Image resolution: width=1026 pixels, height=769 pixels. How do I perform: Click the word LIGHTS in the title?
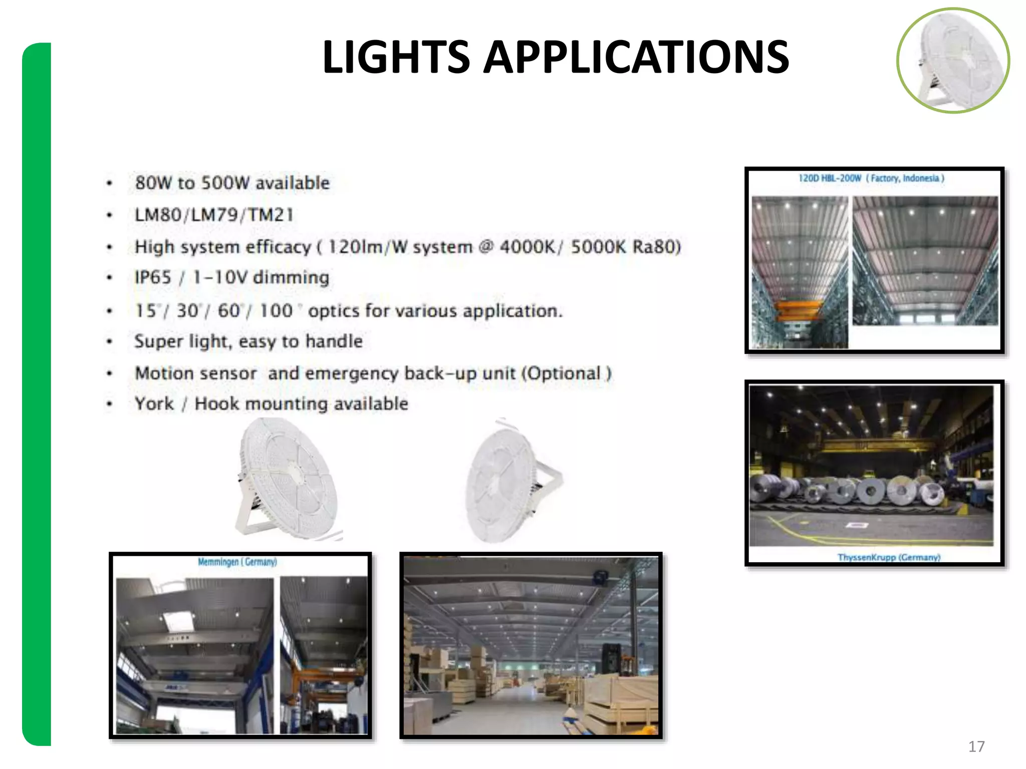[396, 58]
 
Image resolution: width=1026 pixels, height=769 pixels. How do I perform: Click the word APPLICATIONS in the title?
[636, 58]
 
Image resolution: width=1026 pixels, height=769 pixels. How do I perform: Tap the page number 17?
[976, 746]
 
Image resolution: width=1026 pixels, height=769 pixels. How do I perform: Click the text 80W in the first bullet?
[152, 183]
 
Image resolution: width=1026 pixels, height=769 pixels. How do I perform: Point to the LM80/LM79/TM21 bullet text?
[214, 215]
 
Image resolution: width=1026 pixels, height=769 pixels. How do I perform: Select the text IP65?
[153, 277]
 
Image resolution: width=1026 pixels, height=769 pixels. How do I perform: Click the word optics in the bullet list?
[333, 311]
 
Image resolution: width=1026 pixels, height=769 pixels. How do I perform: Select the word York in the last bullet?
[154, 404]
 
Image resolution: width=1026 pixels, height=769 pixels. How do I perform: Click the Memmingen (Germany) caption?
[237, 562]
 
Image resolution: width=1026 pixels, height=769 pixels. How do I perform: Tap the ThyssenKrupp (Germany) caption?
[889, 557]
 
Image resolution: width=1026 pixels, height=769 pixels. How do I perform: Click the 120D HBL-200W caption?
[830, 178]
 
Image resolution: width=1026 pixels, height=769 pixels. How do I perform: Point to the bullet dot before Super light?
[109, 342]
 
